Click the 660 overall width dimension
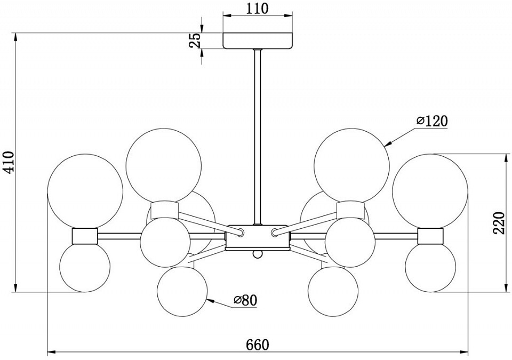click(258, 345)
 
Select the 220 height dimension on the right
click(499, 223)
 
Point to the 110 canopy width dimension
click(258, 9)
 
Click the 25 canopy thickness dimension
click(196, 41)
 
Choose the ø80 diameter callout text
click(245, 300)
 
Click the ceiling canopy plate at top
click(258, 41)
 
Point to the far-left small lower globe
click(85, 267)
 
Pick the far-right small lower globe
click(430, 267)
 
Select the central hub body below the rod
click(258, 237)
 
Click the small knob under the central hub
click(258, 254)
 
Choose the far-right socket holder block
click(430, 235)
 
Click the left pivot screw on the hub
click(241, 232)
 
